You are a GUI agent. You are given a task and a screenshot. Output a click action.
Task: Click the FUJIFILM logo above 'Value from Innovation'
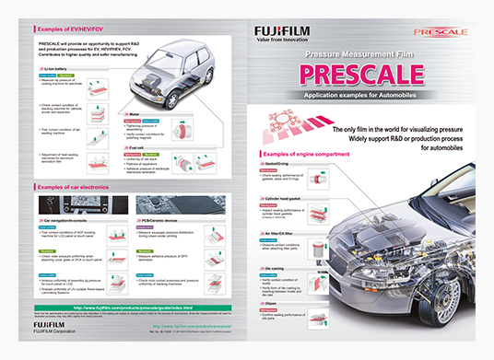tap(281, 32)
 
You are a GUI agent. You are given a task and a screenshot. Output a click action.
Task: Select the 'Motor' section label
tap(135, 116)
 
